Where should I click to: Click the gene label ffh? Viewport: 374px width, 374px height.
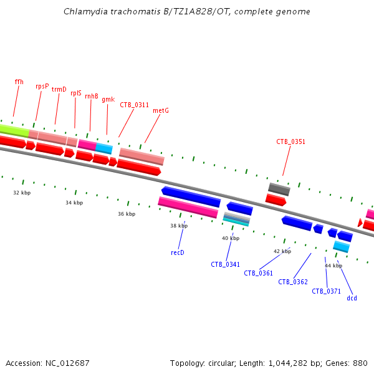pos(19,82)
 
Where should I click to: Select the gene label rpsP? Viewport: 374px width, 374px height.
pos(42,86)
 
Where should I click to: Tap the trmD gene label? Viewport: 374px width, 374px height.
pos(59,89)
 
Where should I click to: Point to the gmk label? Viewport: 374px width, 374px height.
pos(108,99)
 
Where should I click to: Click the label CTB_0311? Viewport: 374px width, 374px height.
pos(134,105)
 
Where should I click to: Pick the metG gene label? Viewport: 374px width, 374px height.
pos(161,111)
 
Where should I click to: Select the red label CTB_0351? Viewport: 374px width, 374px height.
pos(290,141)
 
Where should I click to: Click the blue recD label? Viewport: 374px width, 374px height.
pos(178,252)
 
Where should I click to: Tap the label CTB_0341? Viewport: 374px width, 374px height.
pos(226,264)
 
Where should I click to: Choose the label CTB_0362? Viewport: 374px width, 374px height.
pos(293,282)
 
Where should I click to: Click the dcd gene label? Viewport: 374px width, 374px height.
pos(352,298)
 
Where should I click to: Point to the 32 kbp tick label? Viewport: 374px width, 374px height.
pos(22,193)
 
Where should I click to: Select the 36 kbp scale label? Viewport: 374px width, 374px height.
pos(127,214)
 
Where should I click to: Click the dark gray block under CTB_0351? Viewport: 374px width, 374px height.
pos(279,189)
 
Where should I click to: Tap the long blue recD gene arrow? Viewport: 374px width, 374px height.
pos(191,197)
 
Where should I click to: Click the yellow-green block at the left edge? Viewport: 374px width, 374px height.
pos(14,130)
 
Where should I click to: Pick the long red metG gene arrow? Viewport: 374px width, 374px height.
pos(139,167)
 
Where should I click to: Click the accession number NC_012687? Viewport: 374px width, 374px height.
pos(67,363)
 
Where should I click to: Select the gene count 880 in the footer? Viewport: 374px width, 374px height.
pos(360,363)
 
